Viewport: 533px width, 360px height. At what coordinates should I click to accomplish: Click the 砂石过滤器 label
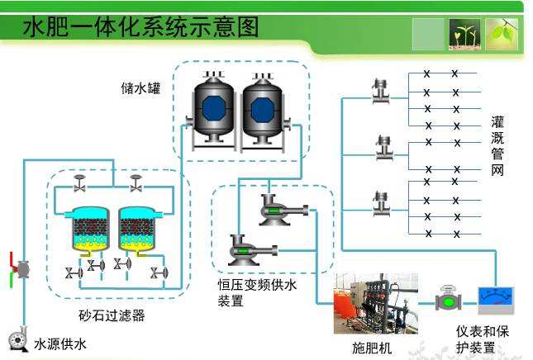click(112, 315)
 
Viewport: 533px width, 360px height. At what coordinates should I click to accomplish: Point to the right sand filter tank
click(139, 228)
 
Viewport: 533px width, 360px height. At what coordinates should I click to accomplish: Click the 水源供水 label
click(60, 343)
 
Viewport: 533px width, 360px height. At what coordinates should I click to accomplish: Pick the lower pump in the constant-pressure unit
click(243, 247)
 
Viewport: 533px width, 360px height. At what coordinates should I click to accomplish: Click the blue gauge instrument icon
click(497, 300)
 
